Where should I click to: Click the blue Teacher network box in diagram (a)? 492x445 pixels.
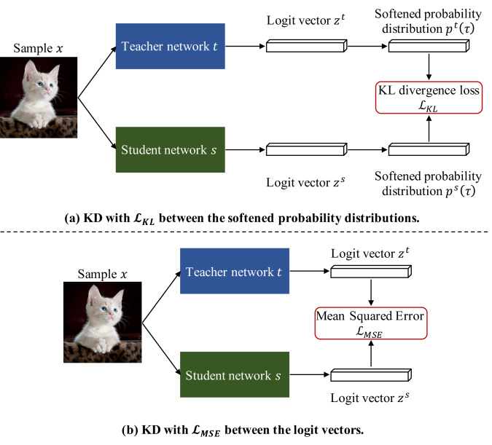171,46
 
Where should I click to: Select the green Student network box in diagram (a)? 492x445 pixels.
171,149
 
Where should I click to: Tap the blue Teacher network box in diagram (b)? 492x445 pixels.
235,271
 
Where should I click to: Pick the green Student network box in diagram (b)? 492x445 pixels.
235,374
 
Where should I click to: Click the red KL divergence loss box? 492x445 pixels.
429,98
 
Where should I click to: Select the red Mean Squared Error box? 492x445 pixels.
371,323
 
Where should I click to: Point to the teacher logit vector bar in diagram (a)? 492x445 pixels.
307,46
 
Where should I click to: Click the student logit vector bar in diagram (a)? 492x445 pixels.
307,149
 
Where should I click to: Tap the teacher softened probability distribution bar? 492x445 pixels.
429,46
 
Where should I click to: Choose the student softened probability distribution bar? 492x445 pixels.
429,149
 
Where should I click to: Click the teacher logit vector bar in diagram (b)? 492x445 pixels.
371,271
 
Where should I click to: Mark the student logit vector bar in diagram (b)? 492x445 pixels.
371,375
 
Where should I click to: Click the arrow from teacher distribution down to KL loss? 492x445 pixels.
429,66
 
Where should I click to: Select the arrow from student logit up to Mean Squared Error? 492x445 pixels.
371,353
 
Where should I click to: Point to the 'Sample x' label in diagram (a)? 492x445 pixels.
38,48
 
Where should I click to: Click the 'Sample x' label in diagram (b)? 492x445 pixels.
102,274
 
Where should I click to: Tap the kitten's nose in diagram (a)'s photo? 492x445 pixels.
47,90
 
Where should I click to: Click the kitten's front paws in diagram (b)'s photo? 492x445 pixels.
101,345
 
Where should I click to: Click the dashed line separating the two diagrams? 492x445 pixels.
244,232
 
